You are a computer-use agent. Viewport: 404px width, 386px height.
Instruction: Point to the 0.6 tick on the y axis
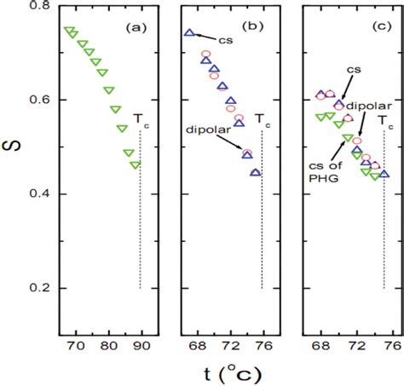38,101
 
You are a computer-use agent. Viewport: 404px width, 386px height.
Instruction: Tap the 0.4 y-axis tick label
38,195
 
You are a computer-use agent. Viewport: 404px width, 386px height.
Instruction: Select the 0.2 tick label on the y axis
38,289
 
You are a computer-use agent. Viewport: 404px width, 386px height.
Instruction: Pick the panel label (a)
137,27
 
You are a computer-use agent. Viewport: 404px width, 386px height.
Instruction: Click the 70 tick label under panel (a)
74,347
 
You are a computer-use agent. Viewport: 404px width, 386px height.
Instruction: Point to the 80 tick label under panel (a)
108,347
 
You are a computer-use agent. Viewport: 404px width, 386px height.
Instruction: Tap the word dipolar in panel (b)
204,130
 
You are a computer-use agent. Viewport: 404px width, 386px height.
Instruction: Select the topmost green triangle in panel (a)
70,32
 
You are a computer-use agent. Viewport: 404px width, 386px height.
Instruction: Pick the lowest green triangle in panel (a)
136,164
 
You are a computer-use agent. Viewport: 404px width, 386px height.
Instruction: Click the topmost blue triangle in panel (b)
190,33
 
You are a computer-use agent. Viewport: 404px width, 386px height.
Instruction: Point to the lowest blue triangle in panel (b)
256,173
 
